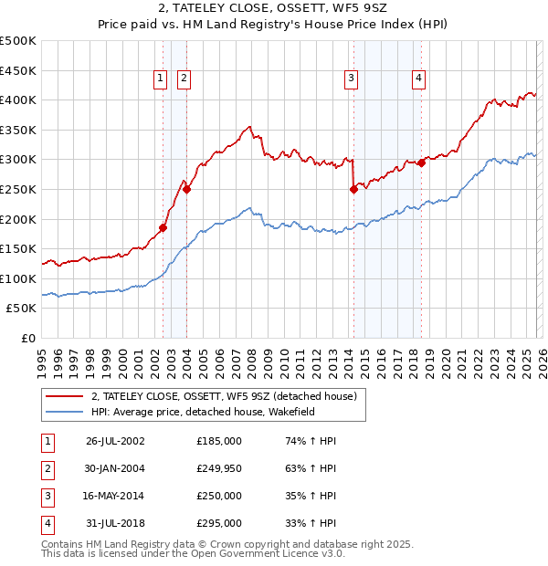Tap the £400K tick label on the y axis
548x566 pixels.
18,100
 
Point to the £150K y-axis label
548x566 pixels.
18,248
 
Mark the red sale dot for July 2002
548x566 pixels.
163,227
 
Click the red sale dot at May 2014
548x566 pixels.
353,190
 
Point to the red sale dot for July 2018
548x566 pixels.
421,162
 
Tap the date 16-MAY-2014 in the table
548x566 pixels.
115,498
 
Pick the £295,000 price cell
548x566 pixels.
219,524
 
